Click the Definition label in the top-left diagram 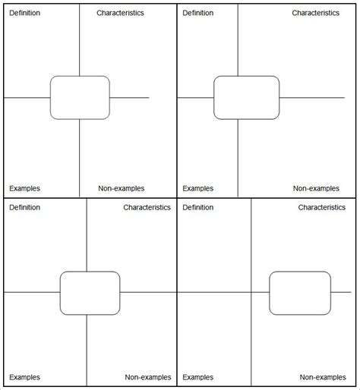point(24,13)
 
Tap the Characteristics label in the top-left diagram point(120,13)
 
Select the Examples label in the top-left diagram point(24,188)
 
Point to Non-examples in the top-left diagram point(122,188)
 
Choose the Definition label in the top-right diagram point(198,13)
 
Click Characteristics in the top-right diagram point(316,13)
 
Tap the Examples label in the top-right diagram point(198,188)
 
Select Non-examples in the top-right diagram point(316,188)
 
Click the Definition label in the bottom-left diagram point(24,207)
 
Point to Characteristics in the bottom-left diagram point(147,207)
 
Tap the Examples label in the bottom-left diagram point(24,377)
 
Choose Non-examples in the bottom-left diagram point(148,377)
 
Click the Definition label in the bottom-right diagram point(198,207)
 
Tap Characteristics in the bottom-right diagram point(322,207)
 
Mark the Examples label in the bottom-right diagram point(198,377)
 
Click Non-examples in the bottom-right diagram point(323,377)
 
